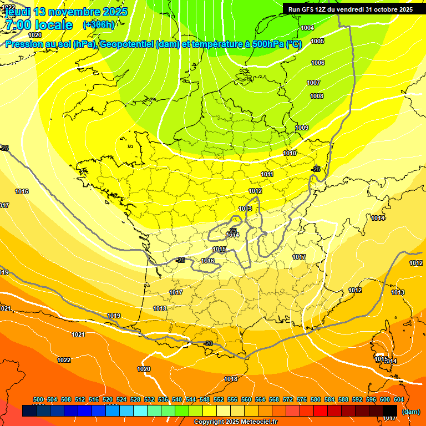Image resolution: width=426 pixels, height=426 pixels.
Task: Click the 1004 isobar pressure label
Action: pos(307,28)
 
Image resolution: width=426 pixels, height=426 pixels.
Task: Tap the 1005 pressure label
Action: pos(317,42)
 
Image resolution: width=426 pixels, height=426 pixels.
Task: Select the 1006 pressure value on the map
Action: pos(318,63)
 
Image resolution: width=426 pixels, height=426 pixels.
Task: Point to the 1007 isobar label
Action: pos(313,83)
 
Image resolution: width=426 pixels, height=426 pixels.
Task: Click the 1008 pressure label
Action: pos(317,96)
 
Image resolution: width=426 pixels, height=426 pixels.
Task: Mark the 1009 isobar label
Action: pos(302,128)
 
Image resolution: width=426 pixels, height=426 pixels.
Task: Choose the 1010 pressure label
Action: pos(290,153)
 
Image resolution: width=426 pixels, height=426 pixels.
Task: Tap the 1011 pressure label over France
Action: pos(267,174)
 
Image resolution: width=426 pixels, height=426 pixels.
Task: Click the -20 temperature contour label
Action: pos(208,343)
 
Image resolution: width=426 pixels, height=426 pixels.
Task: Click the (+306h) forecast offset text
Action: pos(98,25)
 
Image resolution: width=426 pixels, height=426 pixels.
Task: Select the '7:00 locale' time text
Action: pos(39,25)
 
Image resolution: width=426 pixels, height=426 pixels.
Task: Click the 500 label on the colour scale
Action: pos(38,399)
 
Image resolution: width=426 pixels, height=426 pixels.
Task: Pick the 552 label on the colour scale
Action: pos(219,399)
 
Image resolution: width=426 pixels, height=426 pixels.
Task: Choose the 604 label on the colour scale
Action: pos(398,399)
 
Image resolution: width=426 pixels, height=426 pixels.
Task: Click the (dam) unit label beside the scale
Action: pos(410,412)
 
